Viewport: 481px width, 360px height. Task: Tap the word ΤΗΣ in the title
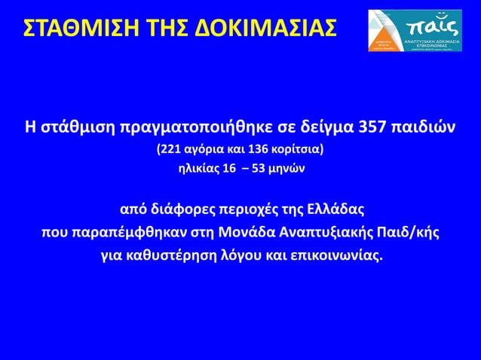(x=170, y=29)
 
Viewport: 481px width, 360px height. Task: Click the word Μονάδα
(x=244, y=230)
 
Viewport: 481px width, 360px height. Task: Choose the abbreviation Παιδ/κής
(x=406, y=230)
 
